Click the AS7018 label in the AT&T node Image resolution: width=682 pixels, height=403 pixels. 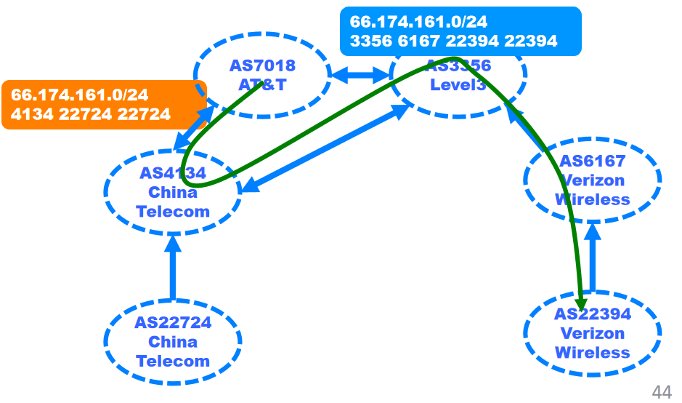(262, 66)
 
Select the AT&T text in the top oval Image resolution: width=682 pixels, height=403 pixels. (262, 85)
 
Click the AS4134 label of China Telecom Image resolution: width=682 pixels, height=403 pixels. (173, 173)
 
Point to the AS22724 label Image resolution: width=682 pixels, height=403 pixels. (173, 322)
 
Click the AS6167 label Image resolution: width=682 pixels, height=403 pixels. (592, 161)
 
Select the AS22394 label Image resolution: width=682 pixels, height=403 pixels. (592, 314)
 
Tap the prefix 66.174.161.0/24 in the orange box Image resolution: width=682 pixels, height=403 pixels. (80, 95)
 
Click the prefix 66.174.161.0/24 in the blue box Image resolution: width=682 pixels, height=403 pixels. (418, 23)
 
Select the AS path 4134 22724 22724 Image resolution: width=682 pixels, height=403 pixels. (91, 114)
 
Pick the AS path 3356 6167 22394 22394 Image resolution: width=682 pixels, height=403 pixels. (453, 41)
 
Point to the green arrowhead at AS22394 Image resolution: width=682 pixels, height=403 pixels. (582, 302)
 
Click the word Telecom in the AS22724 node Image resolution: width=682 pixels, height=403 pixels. (173, 361)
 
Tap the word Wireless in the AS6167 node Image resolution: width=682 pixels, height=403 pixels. (592, 199)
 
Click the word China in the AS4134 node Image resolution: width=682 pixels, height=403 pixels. (173, 193)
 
